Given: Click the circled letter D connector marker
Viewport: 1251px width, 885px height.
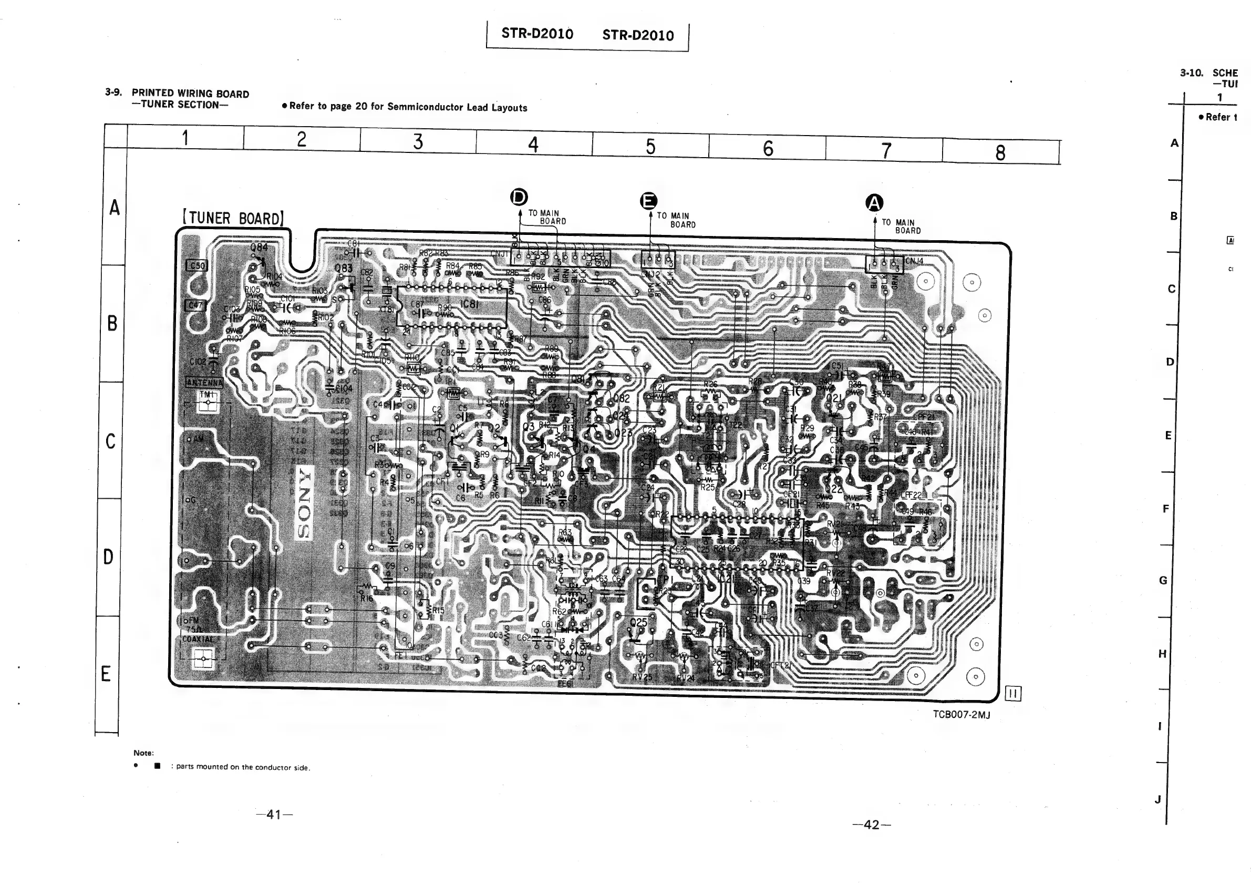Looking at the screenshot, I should pos(519,197).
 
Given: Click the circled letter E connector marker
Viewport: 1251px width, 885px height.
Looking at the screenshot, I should pos(648,201).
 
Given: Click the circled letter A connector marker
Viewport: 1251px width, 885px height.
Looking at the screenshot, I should pos(874,203).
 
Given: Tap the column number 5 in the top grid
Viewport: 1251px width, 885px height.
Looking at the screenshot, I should pos(650,147).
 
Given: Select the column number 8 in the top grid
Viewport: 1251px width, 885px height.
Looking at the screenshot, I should pos(1000,153).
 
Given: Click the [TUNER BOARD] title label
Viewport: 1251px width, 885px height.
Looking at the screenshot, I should pos(233,219).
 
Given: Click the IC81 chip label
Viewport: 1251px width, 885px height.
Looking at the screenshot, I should pos(470,304).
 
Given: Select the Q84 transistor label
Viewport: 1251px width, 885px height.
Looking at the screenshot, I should pos(259,248).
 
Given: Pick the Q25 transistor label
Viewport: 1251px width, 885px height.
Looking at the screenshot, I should pos(638,622).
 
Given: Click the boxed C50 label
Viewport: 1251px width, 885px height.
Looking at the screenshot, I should pos(196,265).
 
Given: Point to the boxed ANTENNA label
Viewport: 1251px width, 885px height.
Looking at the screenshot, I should pos(204,383).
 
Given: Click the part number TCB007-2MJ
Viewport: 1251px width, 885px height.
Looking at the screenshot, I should pos(961,714).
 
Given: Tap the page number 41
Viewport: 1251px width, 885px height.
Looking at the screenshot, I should pos(274,815).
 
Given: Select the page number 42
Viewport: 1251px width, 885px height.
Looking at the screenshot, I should pos(872,825).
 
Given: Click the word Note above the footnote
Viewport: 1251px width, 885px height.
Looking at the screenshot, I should pos(144,753).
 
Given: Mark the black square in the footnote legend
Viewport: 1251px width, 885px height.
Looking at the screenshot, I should pos(158,766).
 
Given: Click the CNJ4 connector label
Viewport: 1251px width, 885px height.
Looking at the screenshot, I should pos(915,261).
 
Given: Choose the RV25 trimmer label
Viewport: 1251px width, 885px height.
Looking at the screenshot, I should pos(642,677).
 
